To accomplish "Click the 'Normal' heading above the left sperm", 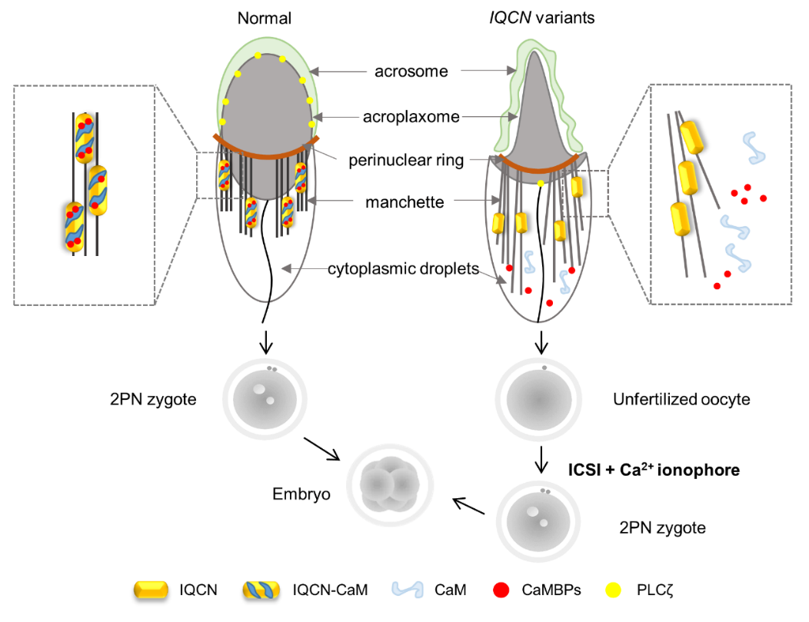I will click(x=265, y=18).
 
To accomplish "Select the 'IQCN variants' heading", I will click(x=541, y=18).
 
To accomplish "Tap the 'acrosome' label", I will click(x=411, y=72).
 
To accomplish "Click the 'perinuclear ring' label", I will click(x=406, y=161).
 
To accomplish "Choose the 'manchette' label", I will click(x=405, y=202).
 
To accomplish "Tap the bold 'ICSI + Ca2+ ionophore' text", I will click(x=654, y=469).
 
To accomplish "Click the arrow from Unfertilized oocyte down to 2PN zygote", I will click(x=543, y=459).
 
